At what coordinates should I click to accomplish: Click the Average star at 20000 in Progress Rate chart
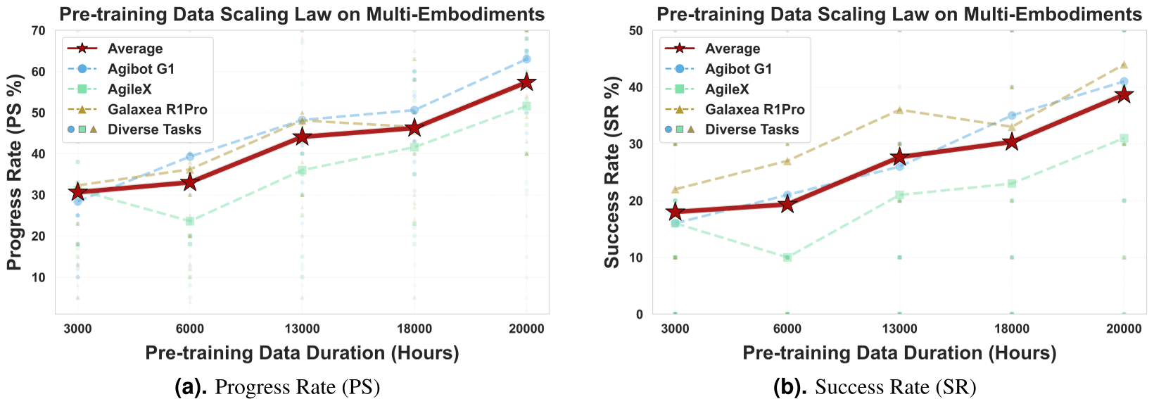point(526,82)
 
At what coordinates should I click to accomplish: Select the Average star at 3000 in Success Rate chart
point(675,212)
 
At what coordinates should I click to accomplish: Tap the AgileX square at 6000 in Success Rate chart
point(787,258)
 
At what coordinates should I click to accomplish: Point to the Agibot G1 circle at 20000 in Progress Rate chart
point(526,59)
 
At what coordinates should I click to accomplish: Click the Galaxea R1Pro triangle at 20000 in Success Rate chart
point(1124,65)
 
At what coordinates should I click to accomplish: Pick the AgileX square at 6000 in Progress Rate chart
point(189,221)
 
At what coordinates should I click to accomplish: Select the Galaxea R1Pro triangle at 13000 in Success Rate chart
point(899,110)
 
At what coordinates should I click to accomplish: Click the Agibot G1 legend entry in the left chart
point(140,69)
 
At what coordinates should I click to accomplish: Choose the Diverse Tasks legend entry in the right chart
point(752,129)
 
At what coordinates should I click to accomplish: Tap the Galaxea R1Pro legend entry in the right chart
point(754,109)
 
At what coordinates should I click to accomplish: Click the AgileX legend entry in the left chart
point(129,89)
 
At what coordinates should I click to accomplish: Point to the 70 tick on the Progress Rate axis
point(38,31)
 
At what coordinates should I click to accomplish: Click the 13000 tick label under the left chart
point(302,329)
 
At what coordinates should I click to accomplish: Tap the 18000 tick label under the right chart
point(1012,329)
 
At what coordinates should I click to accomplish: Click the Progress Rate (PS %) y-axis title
point(14,172)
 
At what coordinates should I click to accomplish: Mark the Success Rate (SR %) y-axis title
point(612,172)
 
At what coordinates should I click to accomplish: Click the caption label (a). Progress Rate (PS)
point(277,387)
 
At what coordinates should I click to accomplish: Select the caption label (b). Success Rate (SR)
point(875,387)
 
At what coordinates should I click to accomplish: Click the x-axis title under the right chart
point(899,353)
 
